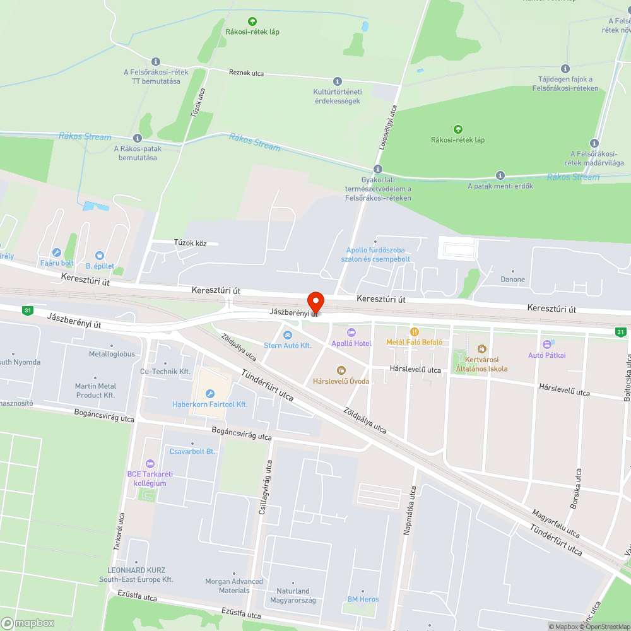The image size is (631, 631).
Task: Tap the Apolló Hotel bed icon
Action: [351, 333]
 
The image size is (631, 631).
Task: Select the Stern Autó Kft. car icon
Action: [288, 334]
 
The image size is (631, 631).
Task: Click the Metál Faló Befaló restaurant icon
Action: [415, 331]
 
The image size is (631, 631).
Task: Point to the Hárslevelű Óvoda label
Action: [341, 381]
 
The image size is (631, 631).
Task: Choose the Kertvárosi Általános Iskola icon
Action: [482, 348]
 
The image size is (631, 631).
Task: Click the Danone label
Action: [512, 280]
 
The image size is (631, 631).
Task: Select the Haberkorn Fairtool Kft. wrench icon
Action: [210, 393]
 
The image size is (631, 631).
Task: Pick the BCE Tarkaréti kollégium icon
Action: [150, 464]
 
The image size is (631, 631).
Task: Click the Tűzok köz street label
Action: [195, 243]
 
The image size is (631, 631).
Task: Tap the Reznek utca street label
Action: [246, 73]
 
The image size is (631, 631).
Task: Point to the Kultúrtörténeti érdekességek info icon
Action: [337, 81]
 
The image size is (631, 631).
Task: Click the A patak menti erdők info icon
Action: [500, 175]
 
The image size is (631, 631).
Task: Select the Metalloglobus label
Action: [112, 354]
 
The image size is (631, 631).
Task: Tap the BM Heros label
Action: [363, 599]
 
